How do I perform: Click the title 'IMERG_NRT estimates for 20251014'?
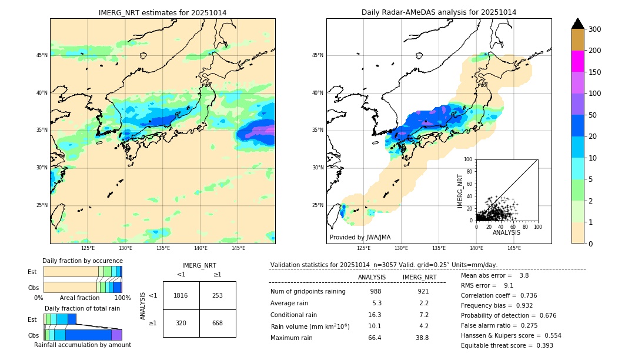pyautogui.click(x=162, y=12)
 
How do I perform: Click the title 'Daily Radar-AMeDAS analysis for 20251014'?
pyautogui.click(x=439, y=12)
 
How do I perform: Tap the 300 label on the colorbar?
pyautogui.click(x=595, y=29)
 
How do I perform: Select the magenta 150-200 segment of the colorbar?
pyautogui.click(x=577, y=61)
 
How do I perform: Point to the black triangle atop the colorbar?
pyautogui.click(x=577, y=24)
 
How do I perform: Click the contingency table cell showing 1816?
pyautogui.click(x=181, y=295)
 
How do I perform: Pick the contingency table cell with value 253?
pyautogui.click(x=218, y=295)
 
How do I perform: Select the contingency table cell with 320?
pyautogui.click(x=181, y=323)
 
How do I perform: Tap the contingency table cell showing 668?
pyautogui.click(x=218, y=323)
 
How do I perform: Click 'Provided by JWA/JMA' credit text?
pyautogui.click(x=360, y=238)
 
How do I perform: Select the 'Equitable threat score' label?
pyautogui.click(x=496, y=345)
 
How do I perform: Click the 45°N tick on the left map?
pyautogui.click(x=42, y=55)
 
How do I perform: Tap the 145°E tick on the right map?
pyautogui.click(x=514, y=249)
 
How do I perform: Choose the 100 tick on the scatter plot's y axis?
pyautogui.click(x=469, y=159)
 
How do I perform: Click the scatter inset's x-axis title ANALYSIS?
pyautogui.click(x=506, y=233)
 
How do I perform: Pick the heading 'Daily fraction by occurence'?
pyautogui.click(x=82, y=261)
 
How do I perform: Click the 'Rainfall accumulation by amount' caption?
pyautogui.click(x=82, y=345)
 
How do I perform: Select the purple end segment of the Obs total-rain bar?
pyautogui.click(x=116, y=335)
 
